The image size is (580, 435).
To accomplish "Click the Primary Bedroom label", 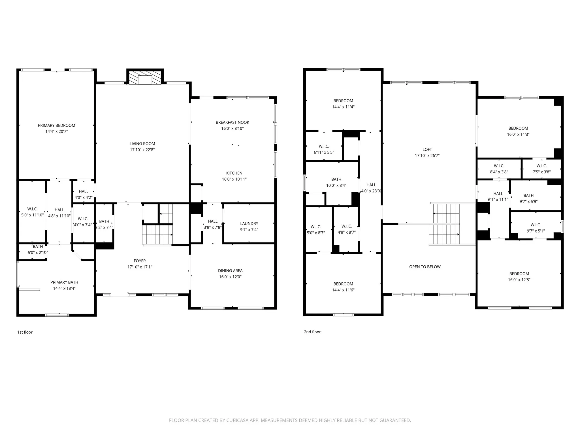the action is click(57, 125).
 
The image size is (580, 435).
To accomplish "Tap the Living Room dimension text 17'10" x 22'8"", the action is click(142, 150).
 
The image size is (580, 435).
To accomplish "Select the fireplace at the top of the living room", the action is click(145, 77).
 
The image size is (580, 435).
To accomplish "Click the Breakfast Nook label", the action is click(233, 122).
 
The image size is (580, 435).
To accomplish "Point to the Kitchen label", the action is click(234, 173).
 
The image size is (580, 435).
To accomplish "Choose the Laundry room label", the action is click(249, 224).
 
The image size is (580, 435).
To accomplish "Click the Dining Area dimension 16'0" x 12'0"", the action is click(230, 277).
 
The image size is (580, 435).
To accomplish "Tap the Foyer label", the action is click(140, 261).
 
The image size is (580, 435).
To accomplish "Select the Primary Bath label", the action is click(64, 282).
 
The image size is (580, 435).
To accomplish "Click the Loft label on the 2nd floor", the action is click(427, 150).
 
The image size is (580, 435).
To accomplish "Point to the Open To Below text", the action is click(425, 267).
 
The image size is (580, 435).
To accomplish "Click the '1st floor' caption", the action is click(25, 332).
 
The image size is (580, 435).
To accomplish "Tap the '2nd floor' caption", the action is click(312, 332).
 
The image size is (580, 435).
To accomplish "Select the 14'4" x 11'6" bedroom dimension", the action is click(343, 290).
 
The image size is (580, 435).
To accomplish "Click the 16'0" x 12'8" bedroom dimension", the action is click(519, 280).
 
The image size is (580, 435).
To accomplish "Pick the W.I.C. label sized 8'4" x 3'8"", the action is click(499, 166).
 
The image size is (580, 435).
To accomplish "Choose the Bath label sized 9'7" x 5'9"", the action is click(528, 195).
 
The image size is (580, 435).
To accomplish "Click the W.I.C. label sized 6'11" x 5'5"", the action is click(324, 146).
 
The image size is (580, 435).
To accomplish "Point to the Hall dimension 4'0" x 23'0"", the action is click(371, 191).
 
